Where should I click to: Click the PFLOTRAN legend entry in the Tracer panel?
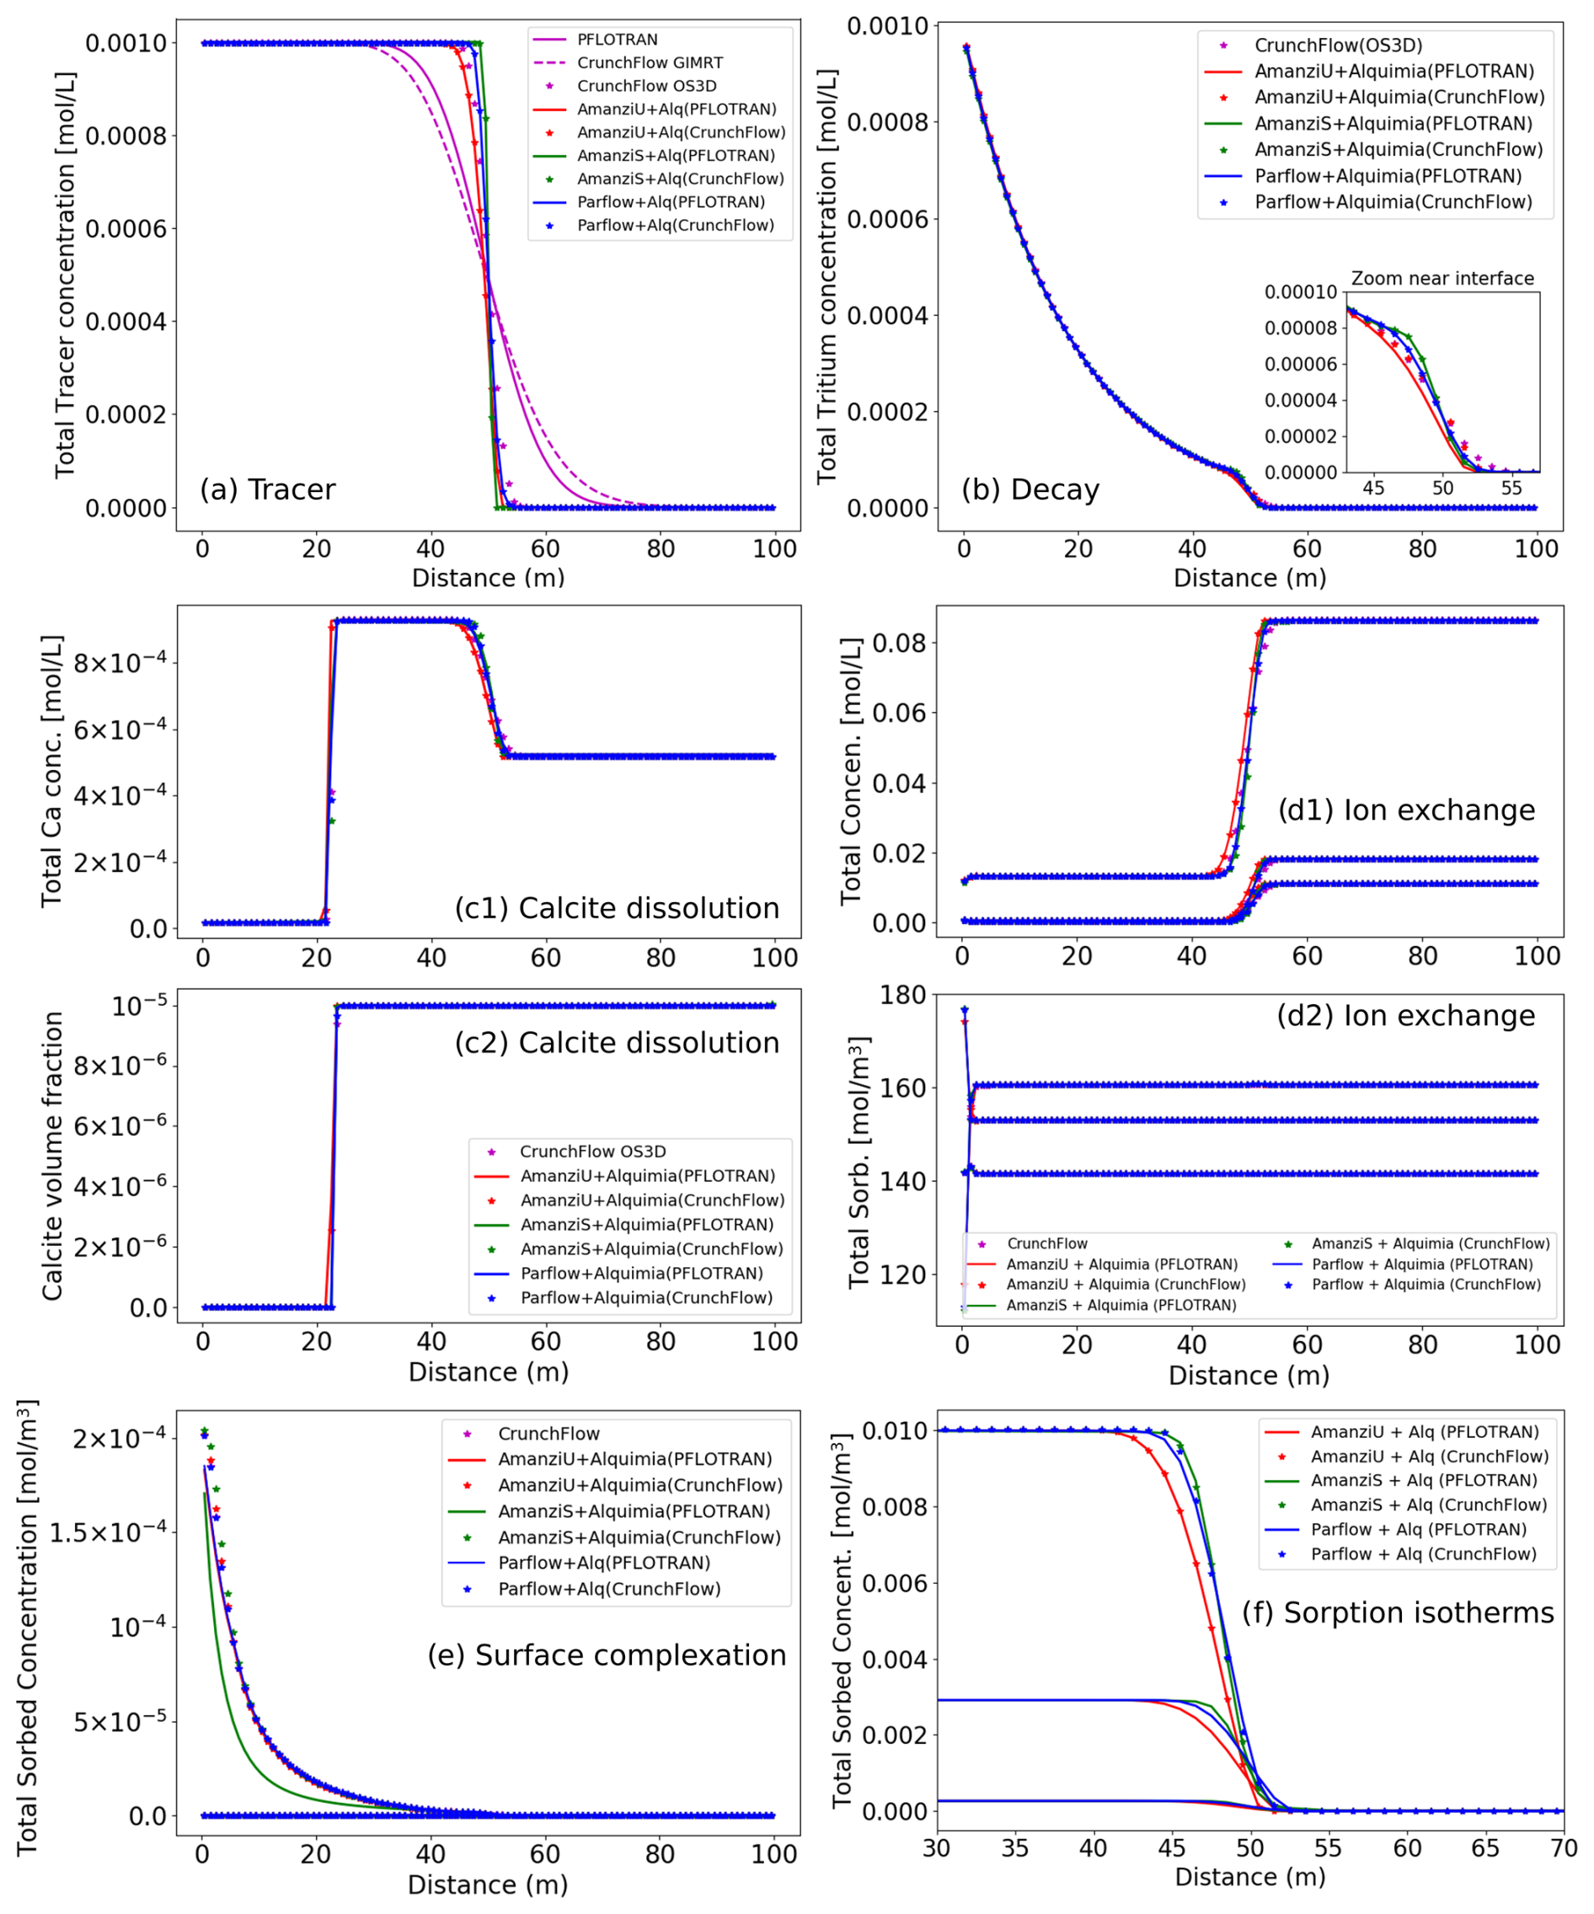pyautogui.click(x=617, y=40)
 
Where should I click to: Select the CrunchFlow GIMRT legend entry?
pyautogui.click(x=649, y=63)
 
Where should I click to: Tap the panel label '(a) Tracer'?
pyautogui.click(x=267, y=489)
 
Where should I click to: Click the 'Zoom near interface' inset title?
pyautogui.click(x=1442, y=278)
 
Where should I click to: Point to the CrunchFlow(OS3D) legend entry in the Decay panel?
pyautogui.click(x=1338, y=45)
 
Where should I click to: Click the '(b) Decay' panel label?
pyautogui.click(x=1030, y=489)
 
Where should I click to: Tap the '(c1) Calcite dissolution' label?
pyautogui.click(x=617, y=908)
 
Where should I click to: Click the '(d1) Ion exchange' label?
pyautogui.click(x=1406, y=810)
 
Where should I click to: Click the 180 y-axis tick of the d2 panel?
pyautogui.click(x=902, y=995)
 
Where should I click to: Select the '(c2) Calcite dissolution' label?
pyautogui.click(x=617, y=1043)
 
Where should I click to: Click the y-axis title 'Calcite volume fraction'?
pyautogui.click(x=53, y=1156)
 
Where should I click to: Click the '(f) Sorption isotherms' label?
pyautogui.click(x=1398, y=1612)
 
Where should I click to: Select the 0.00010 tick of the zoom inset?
pyautogui.click(x=1300, y=292)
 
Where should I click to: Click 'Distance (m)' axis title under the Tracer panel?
pyautogui.click(x=489, y=578)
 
